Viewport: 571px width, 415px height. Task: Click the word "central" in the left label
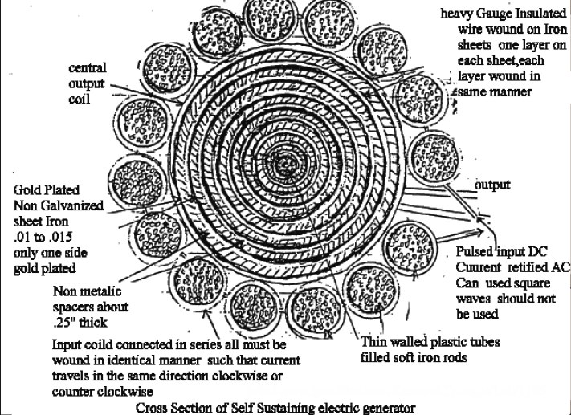(88, 67)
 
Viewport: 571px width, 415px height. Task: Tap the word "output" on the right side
(492, 185)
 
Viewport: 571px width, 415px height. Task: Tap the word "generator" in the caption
(387, 407)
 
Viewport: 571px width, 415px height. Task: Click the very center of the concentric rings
(285, 166)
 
